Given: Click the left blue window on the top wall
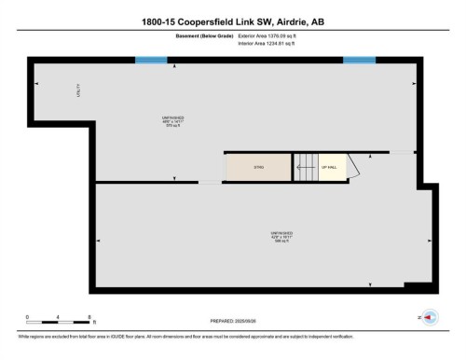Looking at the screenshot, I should pos(150,61).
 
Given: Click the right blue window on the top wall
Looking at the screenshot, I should pos(359,61).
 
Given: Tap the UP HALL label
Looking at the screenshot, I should pos(328,167).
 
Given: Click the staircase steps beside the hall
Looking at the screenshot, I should pos(305,167).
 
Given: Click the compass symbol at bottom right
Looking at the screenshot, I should pos(430,317).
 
